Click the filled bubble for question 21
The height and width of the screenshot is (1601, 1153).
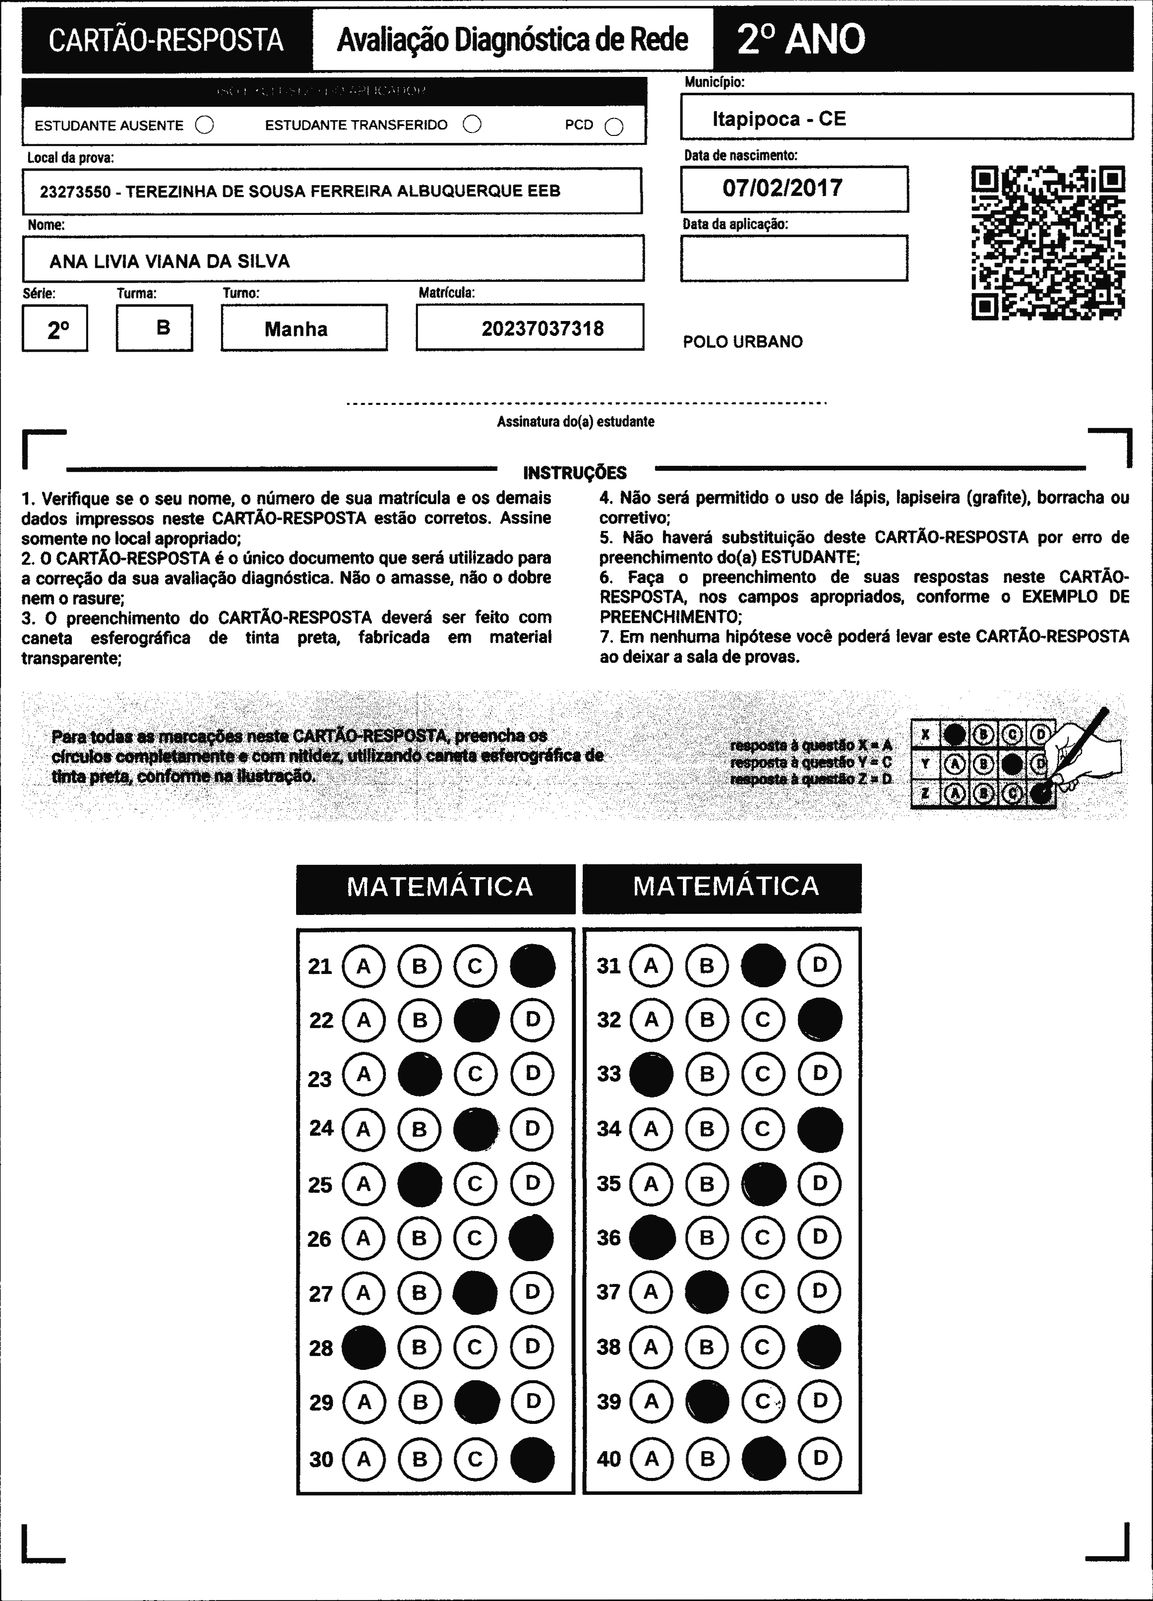[x=532, y=965]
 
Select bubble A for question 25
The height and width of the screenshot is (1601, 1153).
[x=364, y=1184]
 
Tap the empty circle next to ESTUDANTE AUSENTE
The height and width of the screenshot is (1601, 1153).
[x=205, y=125]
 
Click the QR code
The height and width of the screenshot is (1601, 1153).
[x=1048, y=243]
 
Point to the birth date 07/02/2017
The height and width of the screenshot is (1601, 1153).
[x=782, y=188]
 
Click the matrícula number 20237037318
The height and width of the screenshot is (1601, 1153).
[x=542, y=328]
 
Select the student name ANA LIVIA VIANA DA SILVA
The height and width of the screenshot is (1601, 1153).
[x=169, y=261]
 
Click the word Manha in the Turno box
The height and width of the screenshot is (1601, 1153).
[x=296, y=329]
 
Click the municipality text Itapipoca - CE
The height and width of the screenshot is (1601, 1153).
[x=778, y=119]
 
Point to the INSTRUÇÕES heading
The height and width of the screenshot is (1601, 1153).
[x=574, y=472]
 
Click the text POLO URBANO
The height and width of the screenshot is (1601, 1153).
[x=742, y=342]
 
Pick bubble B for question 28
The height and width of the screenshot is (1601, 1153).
[x=419, y=1347]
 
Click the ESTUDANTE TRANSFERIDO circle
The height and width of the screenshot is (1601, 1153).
[x=472, y=124]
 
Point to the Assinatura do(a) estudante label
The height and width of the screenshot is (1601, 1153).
[x=575, y=421]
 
